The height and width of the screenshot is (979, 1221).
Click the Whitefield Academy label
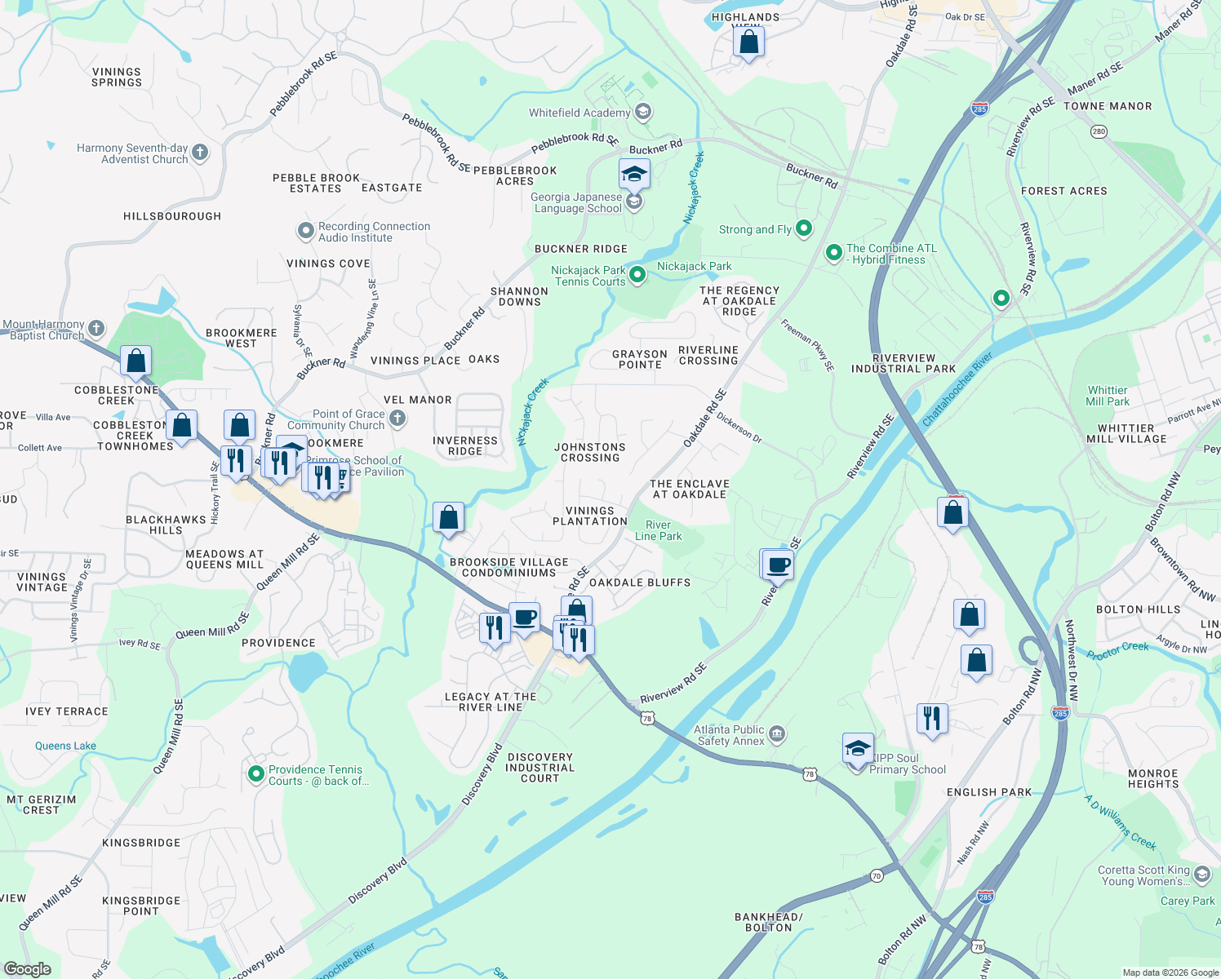579,113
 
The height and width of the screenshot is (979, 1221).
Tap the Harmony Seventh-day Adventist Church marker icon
200,153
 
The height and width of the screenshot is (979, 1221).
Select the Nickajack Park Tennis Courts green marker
637,275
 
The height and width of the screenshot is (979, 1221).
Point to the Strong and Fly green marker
804,228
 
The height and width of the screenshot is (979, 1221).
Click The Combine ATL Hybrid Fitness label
890,254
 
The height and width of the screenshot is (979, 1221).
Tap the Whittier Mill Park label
1108,396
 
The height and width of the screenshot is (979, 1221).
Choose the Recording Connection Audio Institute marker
306,231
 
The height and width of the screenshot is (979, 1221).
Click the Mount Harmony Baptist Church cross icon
96,329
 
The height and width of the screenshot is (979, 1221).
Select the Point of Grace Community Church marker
397,419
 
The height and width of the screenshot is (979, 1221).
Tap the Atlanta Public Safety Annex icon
777,734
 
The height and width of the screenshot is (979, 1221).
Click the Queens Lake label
65,746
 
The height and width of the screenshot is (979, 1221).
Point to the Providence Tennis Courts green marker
256,771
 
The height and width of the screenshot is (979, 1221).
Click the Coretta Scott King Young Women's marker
1201,875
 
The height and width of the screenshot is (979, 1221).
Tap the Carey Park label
1188,901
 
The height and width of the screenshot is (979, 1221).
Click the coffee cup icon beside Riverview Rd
779,564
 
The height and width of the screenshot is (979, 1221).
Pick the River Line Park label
658,530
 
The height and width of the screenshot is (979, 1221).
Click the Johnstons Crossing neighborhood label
589,452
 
